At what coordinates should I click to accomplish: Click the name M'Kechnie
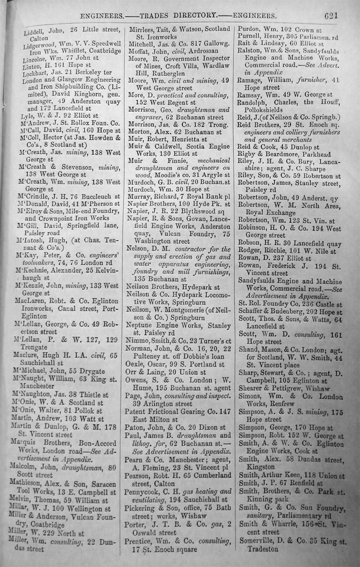(x=34, y=270)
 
